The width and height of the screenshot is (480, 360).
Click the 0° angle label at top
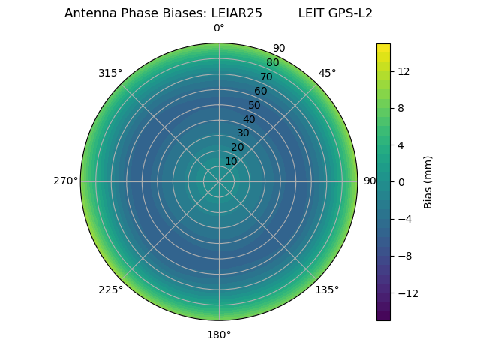click(219, 28)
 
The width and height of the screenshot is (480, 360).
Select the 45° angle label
click(327, 73)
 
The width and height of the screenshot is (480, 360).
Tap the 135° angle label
click(327, 289)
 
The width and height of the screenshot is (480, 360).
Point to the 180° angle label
click(219, 334)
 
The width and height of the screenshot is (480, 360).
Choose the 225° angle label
click(110, 289)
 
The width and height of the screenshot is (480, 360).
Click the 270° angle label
click(65, 181)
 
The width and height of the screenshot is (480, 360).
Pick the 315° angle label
click(110, 73)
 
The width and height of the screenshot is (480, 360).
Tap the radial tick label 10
click(231, 161)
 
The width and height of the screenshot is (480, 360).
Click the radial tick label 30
click(243, 133)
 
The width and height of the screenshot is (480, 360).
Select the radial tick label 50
click(255, 106)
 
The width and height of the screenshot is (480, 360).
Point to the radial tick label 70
click(266, 77)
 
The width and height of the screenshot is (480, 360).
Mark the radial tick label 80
click(272, 63)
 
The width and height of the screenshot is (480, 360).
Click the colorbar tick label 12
click(403, 71)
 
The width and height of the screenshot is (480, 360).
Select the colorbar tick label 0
click(400, 182)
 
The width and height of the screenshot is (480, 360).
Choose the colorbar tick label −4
click(406, 219)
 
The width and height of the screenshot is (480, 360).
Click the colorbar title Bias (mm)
click(428, 182)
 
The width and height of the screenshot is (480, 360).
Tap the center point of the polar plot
click(219, 181)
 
